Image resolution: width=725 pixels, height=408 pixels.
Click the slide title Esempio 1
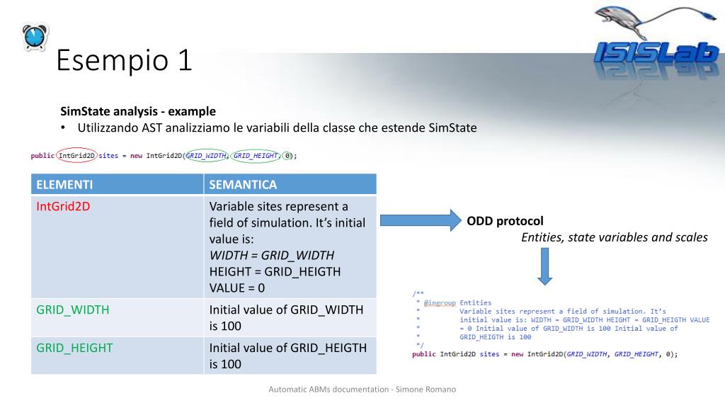pyautogui.click(x=124, y=60)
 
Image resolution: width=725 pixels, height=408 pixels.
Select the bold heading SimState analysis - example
pyautogui.click(x=138, y=111)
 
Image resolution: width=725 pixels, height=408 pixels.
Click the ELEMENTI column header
pyautogui.click(x=64, y=185)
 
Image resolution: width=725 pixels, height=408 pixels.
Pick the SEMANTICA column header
pyautogui.click(x=243, y=185)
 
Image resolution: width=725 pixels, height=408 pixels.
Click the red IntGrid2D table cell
pyautogui.click(x=63, y=206)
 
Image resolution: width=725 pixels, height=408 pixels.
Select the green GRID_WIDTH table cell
pyautogui.click(x=73, y=310)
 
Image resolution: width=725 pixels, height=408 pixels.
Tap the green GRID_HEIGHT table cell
pyautogui.click(x=74, y=348)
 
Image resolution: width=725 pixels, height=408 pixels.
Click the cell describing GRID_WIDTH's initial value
pyautogui.click(x=286, y=317)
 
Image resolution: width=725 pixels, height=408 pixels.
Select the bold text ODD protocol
pyautogui.click(x=505, y=221)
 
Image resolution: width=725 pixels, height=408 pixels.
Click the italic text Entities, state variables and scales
pyautogui.click(x=614, y=237)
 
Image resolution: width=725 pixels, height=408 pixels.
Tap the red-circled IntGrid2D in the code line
pyautogui.click(x=76, y=156)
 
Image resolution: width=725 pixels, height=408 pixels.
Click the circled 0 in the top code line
pyautogui.click(x=288, y=156)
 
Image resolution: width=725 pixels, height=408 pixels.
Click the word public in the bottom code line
pyautogui.click(x=423, y=354)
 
